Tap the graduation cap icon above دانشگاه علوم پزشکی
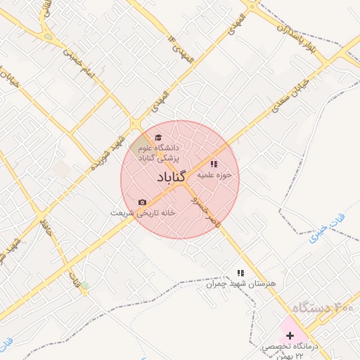click(157, 137)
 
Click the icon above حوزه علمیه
click(214, 164)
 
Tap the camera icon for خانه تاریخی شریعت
click(143, 202)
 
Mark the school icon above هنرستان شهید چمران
click(240, 273)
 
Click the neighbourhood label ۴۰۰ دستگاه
click(323, 308)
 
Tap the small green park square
click(85, 285)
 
